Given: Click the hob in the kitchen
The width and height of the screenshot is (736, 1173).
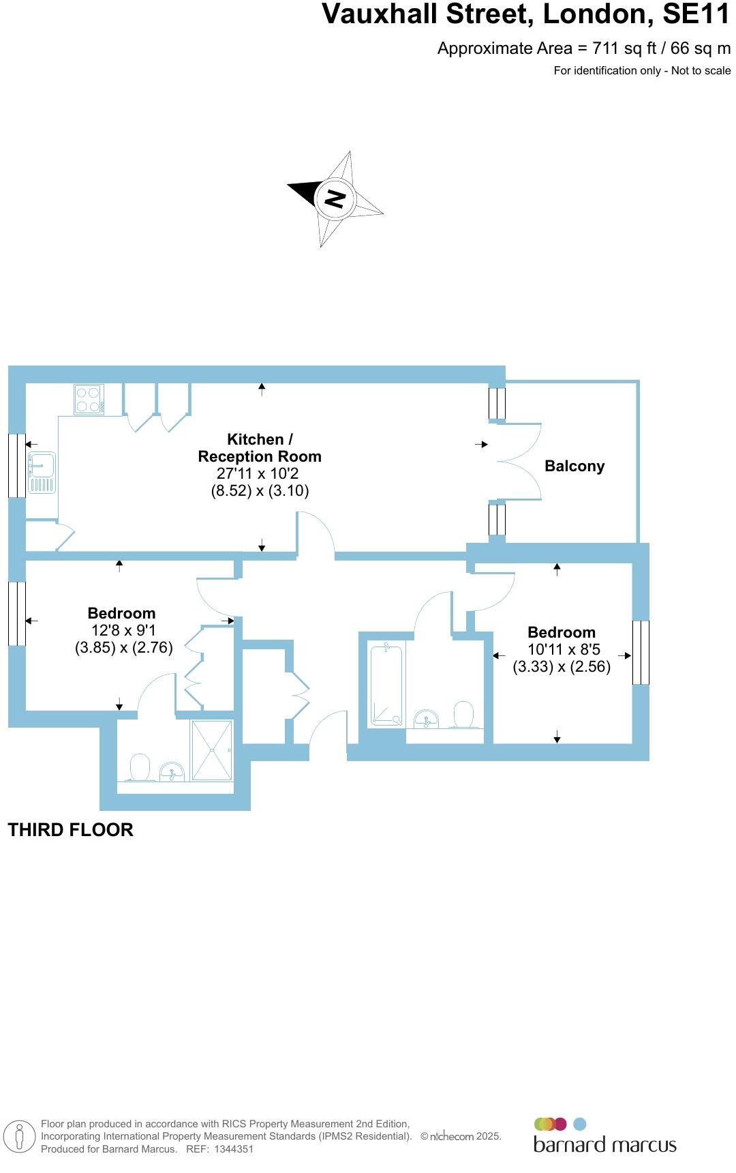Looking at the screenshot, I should point(89,400).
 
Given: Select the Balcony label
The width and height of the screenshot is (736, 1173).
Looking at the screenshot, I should point(574,466).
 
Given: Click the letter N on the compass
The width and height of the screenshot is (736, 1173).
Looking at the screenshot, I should point(335,199).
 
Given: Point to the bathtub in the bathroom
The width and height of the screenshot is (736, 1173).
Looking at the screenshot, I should point(386,685).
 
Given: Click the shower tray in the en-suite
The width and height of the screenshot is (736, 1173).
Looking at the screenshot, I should point(212,750).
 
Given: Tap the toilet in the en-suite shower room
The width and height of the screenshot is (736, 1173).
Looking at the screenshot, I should point(139,768).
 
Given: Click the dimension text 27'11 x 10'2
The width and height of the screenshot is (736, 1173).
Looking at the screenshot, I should point(258,473).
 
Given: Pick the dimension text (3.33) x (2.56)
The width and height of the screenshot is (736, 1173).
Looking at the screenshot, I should point(562,667).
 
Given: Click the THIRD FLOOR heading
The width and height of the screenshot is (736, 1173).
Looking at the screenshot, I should point(70,830).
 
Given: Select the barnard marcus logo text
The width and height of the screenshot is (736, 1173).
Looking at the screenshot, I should point(604,1144).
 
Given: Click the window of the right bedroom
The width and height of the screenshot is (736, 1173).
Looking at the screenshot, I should point(641,653).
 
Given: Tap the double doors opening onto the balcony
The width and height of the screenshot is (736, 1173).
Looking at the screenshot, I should point(518,462).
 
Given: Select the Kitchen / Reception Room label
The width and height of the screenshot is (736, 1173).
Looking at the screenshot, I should point(259,448).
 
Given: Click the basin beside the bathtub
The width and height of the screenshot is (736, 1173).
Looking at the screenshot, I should point(427,718).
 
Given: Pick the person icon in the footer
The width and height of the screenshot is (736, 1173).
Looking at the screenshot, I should point(20,1137).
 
